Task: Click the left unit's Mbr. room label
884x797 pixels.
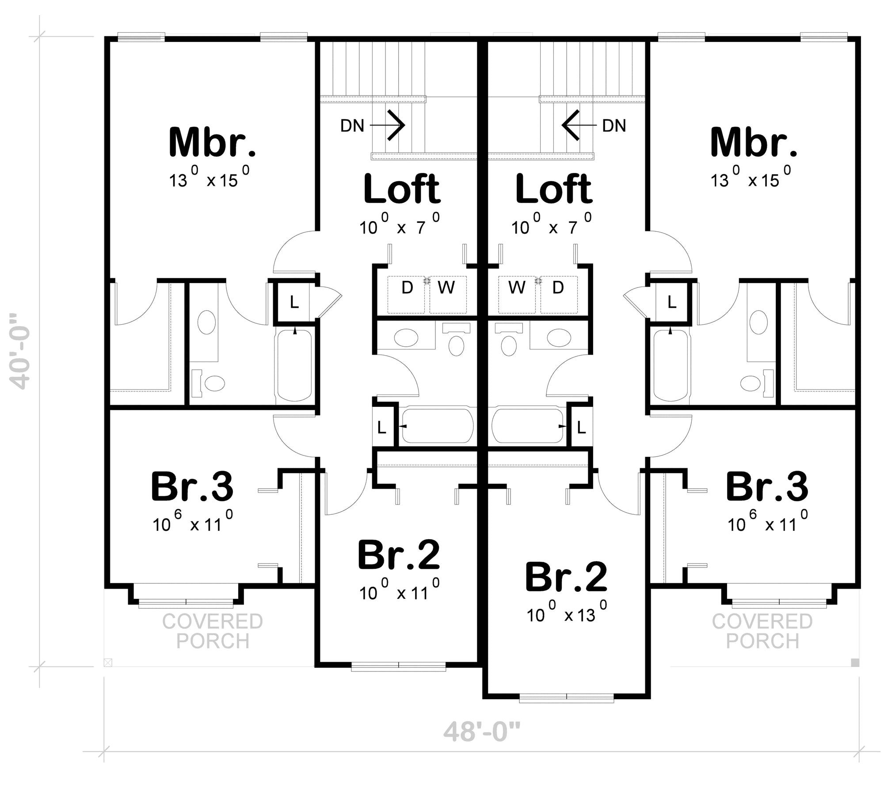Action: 212,142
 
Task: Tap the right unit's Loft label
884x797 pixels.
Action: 553,189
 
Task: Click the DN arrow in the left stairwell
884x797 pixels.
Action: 388,126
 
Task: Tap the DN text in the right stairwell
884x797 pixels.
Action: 614,126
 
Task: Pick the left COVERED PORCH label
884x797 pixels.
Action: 213,631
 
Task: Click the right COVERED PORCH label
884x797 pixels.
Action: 762,631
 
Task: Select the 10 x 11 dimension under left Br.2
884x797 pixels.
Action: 399,591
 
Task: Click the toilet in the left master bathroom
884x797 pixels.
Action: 215,383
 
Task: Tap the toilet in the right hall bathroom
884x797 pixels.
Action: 509,345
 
